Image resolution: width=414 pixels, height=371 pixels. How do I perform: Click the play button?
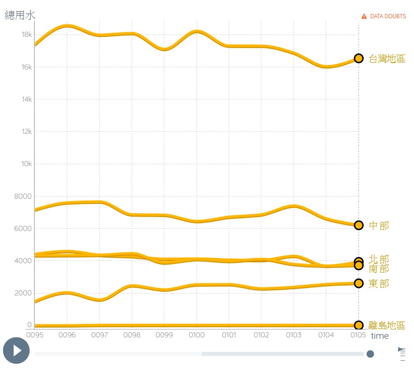click(16, 350)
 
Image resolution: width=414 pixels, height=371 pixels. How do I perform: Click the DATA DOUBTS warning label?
click(384, 16)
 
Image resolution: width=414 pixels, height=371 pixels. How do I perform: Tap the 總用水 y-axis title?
click(20, 15)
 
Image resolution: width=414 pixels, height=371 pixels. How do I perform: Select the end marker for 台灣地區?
click(358, 58)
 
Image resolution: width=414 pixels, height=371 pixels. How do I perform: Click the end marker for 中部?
click(358, 225)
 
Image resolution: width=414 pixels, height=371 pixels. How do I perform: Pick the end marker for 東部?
click(358, 283)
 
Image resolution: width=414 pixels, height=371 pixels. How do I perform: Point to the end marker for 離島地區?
click(358, 325)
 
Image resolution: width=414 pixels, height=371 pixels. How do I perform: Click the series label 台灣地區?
click(387, 59)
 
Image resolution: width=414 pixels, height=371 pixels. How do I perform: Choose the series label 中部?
click(379, 226)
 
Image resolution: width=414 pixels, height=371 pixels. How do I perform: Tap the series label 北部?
click(379, 259)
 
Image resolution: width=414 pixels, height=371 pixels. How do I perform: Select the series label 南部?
click(379, 268)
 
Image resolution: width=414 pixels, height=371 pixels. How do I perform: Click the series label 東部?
click(379, 284)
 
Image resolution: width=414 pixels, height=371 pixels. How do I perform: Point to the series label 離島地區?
click(387, 325)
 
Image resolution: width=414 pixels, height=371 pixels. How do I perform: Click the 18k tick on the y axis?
click(27, 35)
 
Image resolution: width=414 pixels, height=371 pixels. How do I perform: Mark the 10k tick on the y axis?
click(27, 164)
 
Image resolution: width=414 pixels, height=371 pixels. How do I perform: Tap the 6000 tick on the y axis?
click(23, 228)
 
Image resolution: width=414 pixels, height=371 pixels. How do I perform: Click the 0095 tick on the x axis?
click(35, 335)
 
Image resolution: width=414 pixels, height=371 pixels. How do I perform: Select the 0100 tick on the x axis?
click(196, 335)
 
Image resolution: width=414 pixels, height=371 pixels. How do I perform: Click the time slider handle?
click(370, 354)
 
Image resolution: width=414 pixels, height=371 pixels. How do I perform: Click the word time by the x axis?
click(379, 336)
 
